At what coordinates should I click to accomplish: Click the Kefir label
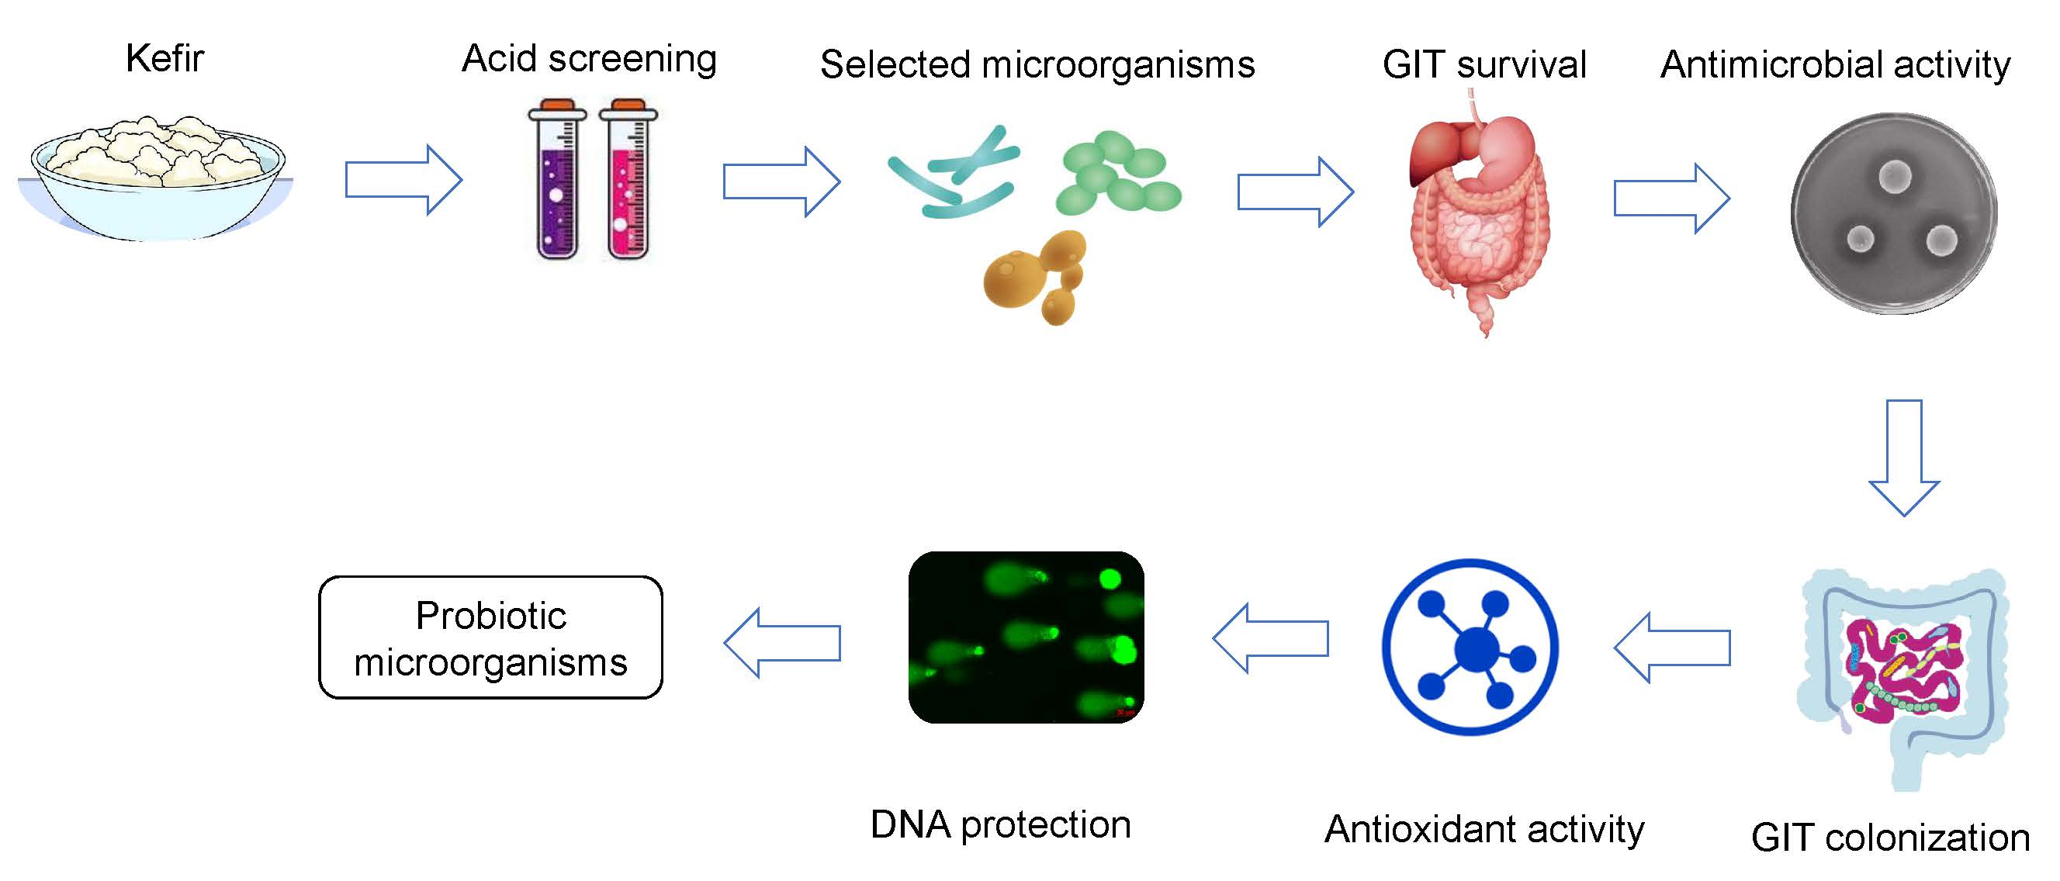[x=164, y=58]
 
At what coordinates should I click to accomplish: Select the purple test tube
[x=557, y=180]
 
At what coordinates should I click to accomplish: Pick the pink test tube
[x=628, y=180]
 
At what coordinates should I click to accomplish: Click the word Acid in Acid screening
[x=499, y=58]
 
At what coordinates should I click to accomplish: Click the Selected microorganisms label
[x=1037, y=64]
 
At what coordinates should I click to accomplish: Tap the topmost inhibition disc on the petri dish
[x=1895, y=177]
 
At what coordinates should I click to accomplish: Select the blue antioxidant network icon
[x=1470, y=647]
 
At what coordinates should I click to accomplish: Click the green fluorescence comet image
[x=1026, y=637]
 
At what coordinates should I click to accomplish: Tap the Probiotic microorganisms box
[x=491, y=637]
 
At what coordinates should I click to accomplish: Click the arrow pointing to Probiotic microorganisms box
[x=782, y=643]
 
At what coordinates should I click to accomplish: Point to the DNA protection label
[x=1000, y=824]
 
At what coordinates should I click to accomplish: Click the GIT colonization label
[x=1890, y=837]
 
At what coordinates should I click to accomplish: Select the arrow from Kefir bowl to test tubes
[x=403, y=179]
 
